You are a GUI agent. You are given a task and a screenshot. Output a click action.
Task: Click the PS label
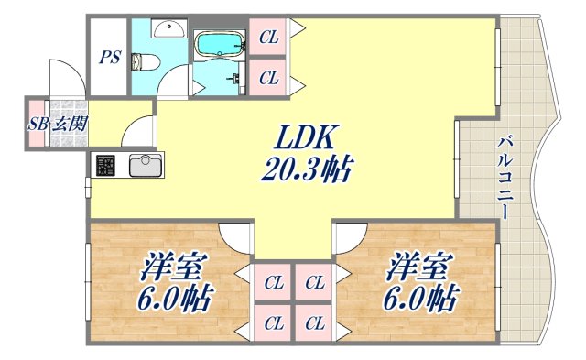click(x=110, y=57)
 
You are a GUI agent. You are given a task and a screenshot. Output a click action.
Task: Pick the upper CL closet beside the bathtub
click(x=268, y=38)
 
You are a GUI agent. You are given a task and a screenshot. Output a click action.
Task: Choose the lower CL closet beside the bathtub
click(x=268, y=79)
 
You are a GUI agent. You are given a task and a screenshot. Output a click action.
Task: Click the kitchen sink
click(x=145, y=167)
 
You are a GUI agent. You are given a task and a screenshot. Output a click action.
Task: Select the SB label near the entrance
click(x=38, y=124)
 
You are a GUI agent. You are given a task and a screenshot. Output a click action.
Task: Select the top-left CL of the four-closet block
click(x=272, y=282)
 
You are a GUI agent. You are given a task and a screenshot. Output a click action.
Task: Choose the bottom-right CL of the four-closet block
click(x=315, y=322)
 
